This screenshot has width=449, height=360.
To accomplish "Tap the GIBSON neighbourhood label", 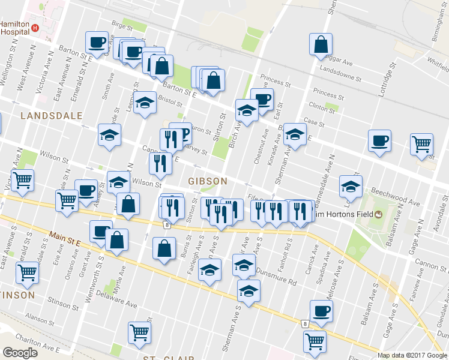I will pyautogui.click(x=208, y=181).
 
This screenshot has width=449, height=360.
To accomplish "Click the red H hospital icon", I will pyautogui.click(x=35, y=28).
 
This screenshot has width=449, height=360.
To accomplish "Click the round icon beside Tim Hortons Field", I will pyautogui.click(x=379, y=215).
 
